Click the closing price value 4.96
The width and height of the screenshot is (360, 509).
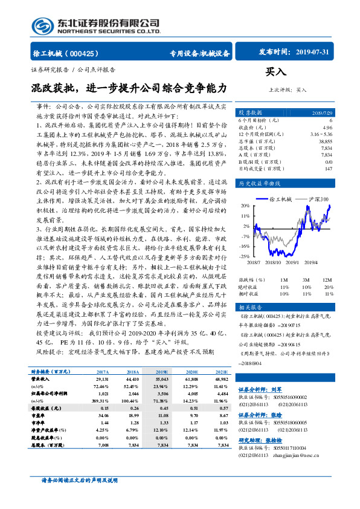(327, 128)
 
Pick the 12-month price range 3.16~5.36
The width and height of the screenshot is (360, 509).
(320, 134)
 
